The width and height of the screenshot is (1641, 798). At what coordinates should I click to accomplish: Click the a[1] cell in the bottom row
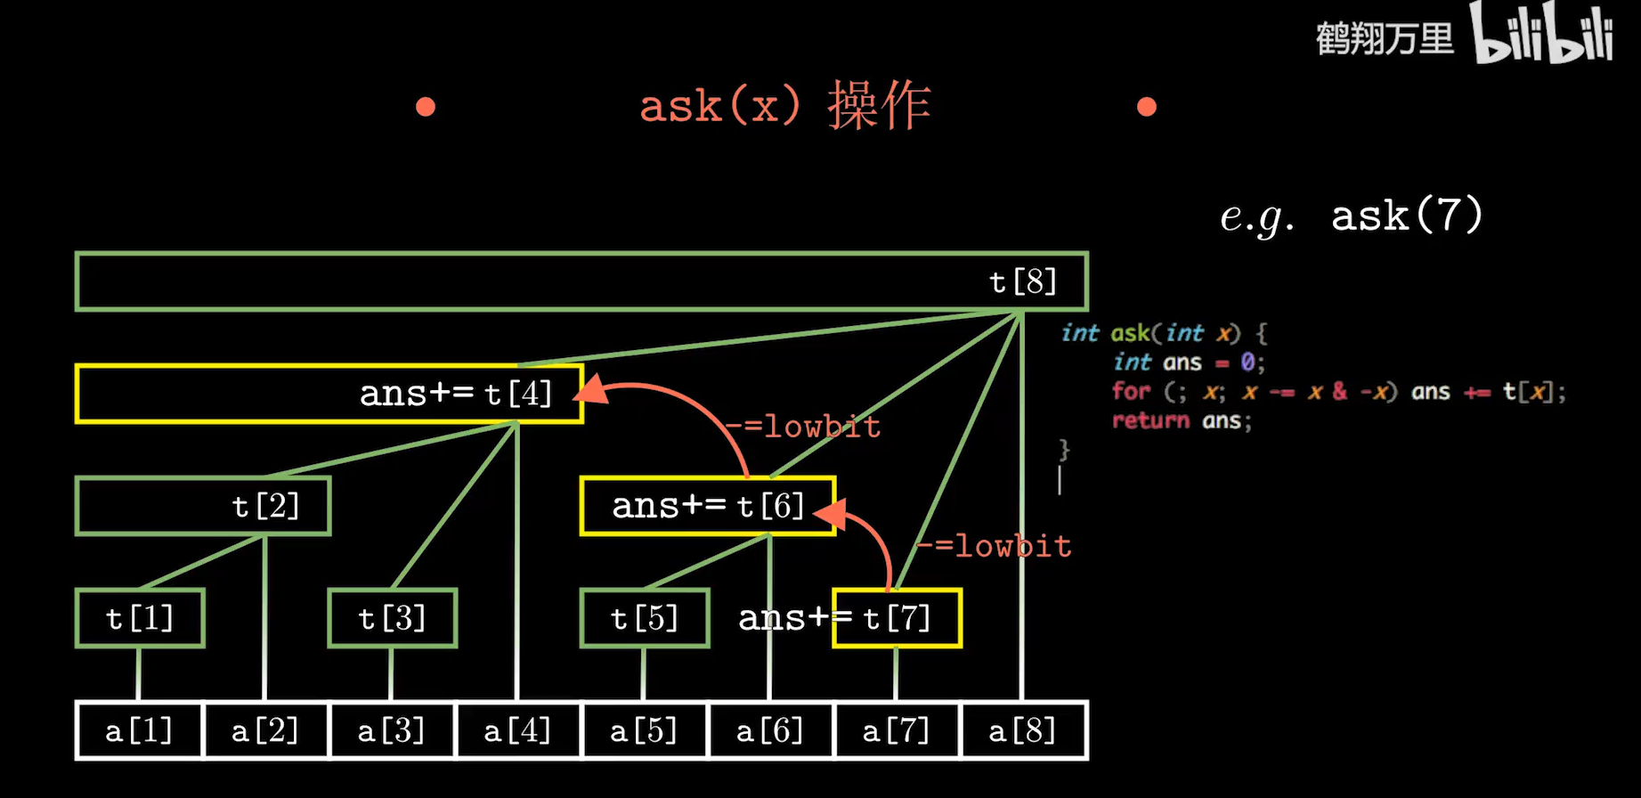(139, 731)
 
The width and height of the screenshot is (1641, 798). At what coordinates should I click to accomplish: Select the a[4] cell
(517, 731)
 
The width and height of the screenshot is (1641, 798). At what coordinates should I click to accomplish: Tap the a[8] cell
(1022, 731)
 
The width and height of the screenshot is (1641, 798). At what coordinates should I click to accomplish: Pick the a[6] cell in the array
(769, 731)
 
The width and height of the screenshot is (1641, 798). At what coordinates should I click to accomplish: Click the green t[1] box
(140, 618)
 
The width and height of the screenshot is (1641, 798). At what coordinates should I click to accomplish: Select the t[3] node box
(392, 618)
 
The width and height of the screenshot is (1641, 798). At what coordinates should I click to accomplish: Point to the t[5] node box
(645, 618)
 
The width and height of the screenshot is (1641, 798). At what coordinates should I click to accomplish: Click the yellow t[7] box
(897, 618)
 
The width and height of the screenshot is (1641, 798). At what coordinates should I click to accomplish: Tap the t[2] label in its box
(265, 506)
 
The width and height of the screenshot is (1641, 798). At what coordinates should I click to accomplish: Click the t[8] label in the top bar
(1023, 282)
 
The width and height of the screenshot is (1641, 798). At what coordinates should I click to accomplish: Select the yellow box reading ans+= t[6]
(708, 506)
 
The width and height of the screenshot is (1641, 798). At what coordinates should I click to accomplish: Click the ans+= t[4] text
(455, 394)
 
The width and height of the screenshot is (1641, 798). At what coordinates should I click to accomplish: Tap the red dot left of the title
(426, 107)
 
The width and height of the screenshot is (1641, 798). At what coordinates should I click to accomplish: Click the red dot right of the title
(1147, 107)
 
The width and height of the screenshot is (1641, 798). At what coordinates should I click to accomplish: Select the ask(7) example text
(1407, 216)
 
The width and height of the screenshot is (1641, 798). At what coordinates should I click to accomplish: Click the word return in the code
(1150, 420)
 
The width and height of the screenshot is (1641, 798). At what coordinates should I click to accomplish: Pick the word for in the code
(1131, 391)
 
